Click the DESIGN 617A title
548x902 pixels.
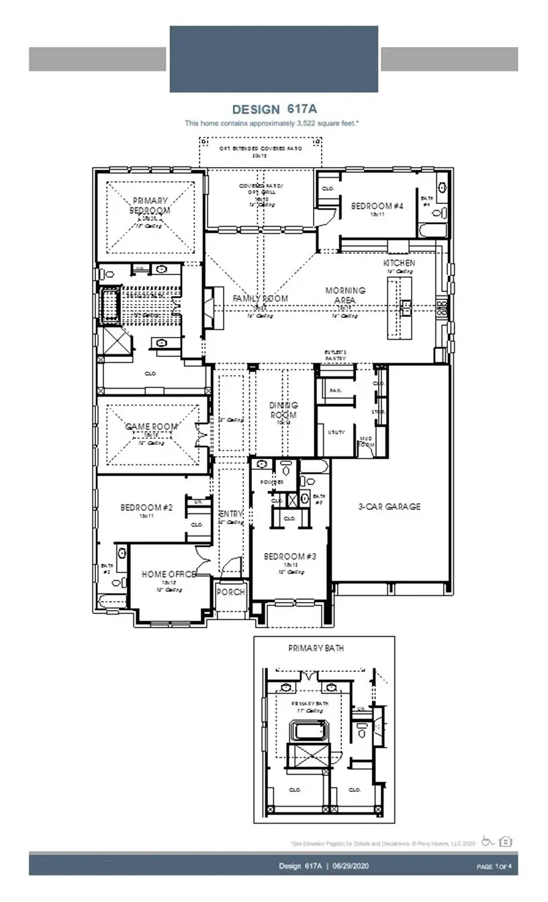pos(273,109)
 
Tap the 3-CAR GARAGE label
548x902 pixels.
pos(389,507)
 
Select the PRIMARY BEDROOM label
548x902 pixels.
pos(150,205)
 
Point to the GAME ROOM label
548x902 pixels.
pos(152,427)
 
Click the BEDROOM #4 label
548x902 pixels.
pos(377,206)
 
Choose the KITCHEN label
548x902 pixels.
pos(399,263)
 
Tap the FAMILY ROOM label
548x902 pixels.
pos(261,298)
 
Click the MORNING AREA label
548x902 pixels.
pos(345,295)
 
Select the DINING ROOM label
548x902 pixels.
pos(283,409)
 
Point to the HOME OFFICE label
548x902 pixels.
pos(169,574)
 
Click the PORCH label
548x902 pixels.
pos(230,592)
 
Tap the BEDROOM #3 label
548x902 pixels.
pos(289,556)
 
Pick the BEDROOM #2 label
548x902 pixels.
pos(146,508)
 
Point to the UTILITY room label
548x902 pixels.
pos(336,432)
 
